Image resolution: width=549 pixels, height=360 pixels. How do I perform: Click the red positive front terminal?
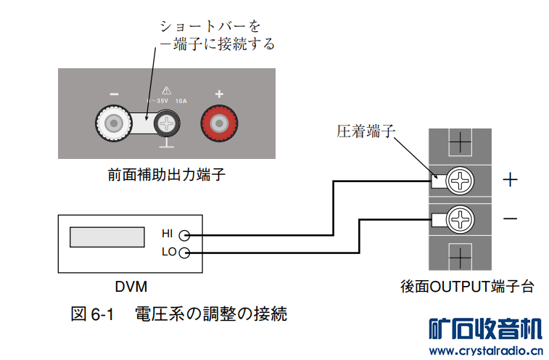click(219, 126)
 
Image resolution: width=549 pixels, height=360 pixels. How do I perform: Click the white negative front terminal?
click(114, 126)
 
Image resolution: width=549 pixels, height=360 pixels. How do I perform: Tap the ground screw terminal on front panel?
click(168, 126)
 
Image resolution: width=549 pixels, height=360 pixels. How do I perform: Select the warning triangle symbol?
click(167, 91)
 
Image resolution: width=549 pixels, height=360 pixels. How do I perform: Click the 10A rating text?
click(181, 102)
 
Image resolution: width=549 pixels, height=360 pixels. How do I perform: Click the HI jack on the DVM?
click(184, 235)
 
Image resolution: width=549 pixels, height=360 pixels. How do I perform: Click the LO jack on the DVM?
click(184, 253)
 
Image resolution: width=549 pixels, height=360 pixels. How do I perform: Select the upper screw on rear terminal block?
click(460, 181)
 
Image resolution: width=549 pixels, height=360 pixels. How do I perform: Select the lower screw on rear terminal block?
click(460, 218)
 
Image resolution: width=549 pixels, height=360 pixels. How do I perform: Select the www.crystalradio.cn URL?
click(485, 351)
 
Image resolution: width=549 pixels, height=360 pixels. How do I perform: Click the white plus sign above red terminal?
click(219, 94)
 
